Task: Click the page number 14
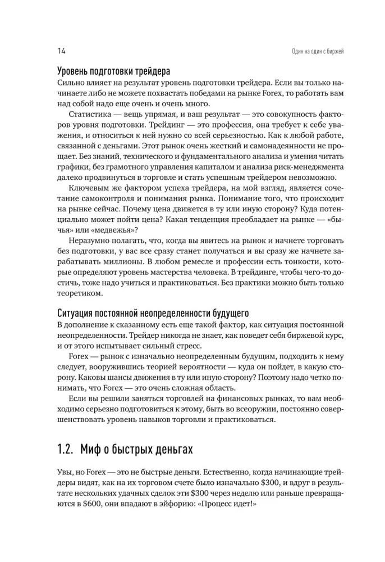click(x=62, y=52)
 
